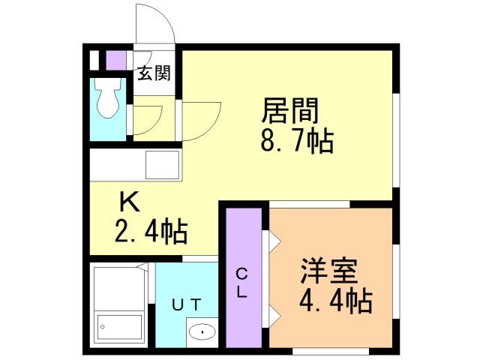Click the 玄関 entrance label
click(154, 73)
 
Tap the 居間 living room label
click(290, 110)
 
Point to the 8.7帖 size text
click(297, 142)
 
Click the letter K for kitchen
click(130, 203)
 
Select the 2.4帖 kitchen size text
click(151, 232)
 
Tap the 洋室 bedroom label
click(329, 271)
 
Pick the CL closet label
click(241, 283)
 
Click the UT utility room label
click(186, 304)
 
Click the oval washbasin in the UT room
click(202, 331)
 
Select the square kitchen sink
click(162, 165)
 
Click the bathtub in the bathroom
click(119, 327)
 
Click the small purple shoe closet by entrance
click(116, 60)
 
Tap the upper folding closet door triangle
click(274, 241)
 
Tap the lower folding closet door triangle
click(274, 317)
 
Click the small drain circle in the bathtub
click(102, 327)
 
